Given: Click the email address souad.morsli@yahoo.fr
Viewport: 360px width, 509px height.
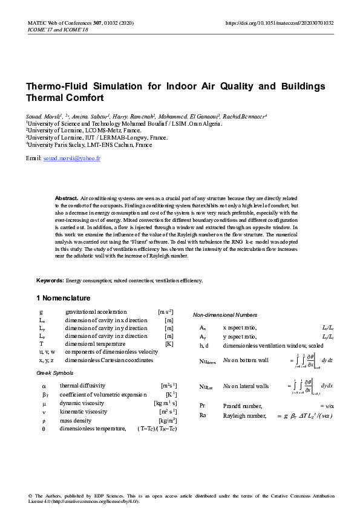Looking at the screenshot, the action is [x=71, y=158].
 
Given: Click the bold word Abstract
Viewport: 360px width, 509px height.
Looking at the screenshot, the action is [x=67, y=198].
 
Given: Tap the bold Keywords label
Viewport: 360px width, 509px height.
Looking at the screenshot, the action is [x=50, y=280].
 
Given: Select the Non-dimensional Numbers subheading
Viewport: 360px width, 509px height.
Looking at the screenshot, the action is [x=225, y=315].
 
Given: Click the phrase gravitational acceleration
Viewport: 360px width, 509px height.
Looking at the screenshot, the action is [x=96, y=311].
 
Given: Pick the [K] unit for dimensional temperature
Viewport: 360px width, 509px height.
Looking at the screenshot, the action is [x=169, y=343].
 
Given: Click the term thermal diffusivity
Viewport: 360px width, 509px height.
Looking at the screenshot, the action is [x=82, y=385].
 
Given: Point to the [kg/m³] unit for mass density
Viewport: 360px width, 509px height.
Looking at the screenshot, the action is [x=168, y=420].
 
